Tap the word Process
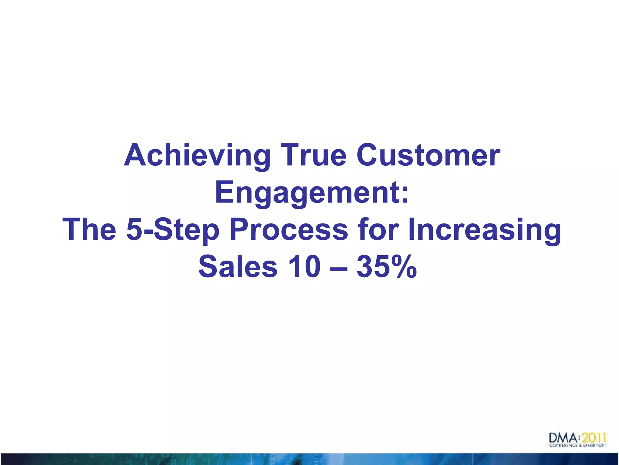click(289, 230)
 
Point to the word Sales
click(238, 267)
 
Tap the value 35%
click(387, 267)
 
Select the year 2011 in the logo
click(594, 438)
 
